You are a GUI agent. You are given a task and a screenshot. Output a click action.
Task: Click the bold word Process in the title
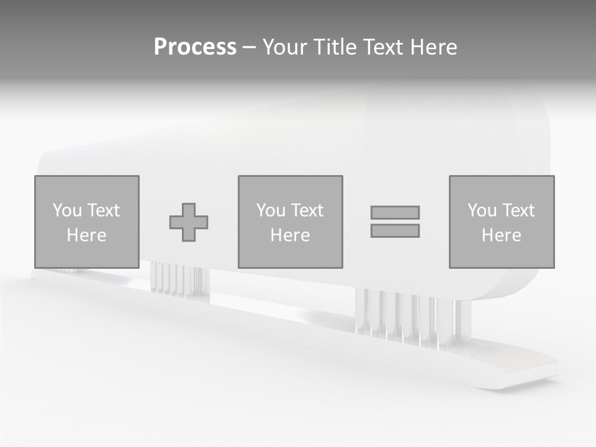click(195, 47)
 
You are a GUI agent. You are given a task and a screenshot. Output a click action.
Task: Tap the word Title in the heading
click(335, 47)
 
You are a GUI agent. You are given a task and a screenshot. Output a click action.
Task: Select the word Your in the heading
click(286, 47)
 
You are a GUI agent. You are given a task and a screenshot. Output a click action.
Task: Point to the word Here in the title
click(433, 47)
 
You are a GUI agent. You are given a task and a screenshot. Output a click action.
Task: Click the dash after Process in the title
click(249, 48)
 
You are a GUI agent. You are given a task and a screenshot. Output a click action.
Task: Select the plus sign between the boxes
click(189, 222)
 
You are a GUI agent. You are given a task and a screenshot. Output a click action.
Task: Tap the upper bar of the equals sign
click(395, 212)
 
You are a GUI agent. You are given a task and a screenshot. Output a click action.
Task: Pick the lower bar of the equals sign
click(395, 231)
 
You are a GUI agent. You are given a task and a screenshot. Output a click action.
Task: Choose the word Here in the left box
click(86, 235)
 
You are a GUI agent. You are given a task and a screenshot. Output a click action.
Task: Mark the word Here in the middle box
click(290, 235)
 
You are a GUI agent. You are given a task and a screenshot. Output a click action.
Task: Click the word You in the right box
click(482, 210)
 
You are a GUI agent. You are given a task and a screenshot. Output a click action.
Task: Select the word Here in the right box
click(501, 235)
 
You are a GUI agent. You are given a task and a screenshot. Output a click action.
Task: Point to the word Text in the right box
click(518, 210)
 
